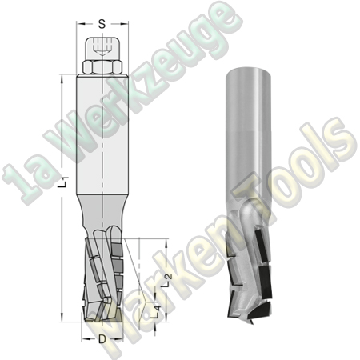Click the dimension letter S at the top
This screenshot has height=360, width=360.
[102, 24]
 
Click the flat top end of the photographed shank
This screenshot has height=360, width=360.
[239, 70]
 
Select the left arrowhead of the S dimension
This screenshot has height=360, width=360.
[80, 35]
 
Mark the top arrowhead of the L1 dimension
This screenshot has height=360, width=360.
[62, 78]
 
